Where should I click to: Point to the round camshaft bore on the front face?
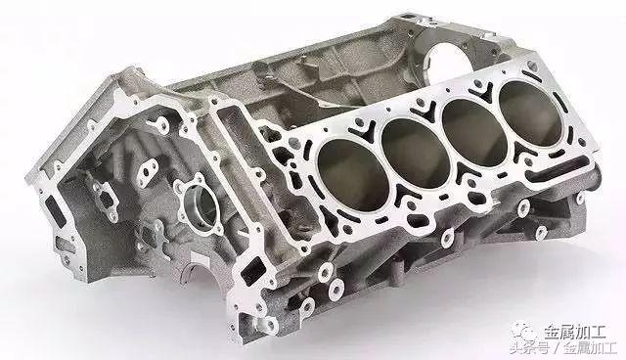[201, 204]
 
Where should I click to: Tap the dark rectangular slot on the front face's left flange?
[55, 210]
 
